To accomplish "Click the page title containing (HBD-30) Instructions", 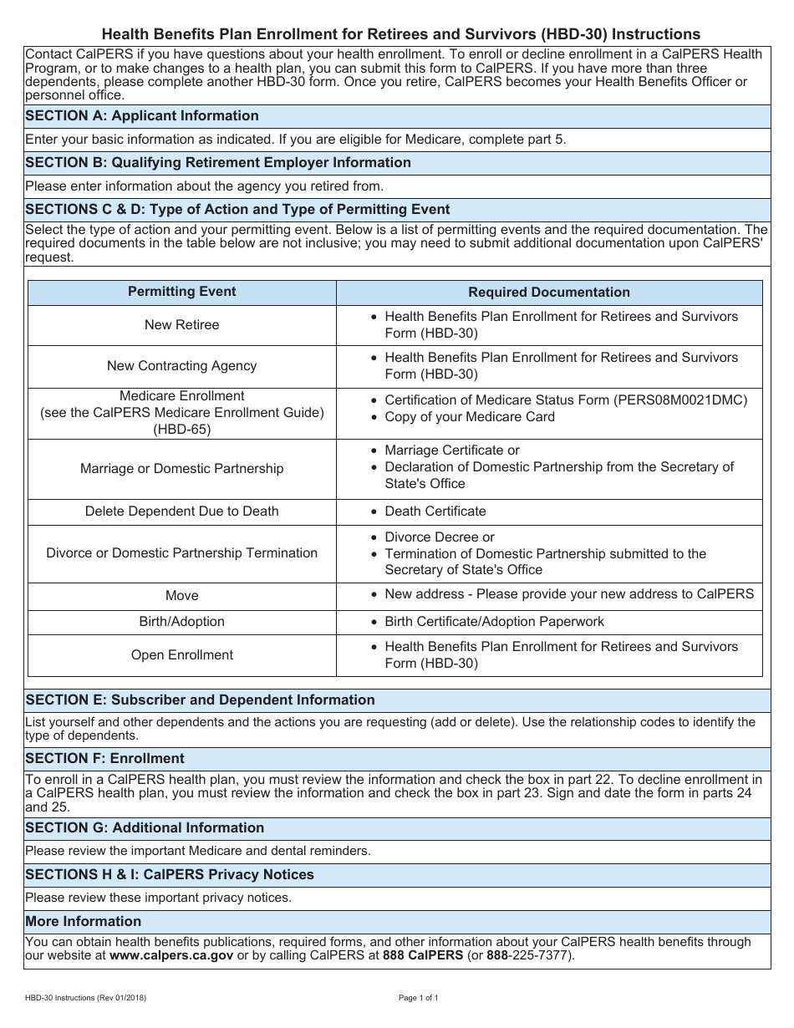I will [401, 34].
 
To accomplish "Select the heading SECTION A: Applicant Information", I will [142, 115].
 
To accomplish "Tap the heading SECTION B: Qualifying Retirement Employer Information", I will [218, 162].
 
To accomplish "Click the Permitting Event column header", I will [182, 292].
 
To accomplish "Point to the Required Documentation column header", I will [549, 292].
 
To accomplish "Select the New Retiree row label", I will [182, 325].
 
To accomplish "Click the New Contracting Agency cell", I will [182, 366].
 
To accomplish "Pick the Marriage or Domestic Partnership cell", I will [182, 469].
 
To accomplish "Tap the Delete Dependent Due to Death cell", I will [182, 511].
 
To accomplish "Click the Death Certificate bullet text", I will [435, 511].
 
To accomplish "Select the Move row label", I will [182, 596].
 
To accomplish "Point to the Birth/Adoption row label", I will [182, 622].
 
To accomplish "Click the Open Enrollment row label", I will [182, 655].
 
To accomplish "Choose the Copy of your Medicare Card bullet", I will [469, 417].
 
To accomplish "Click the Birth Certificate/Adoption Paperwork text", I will [494, 622].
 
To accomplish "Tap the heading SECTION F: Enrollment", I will [104, 758].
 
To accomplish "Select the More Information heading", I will [84, 921].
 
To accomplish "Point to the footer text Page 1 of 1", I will [418, 998].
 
